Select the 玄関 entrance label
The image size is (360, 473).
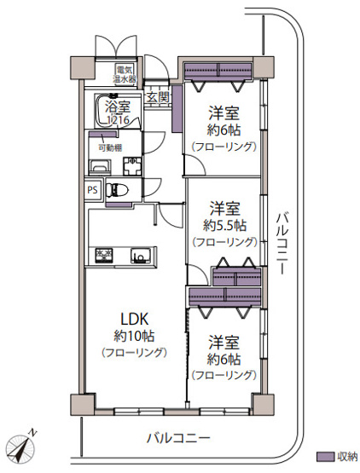[158, 97]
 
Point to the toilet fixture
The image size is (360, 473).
[120, 191]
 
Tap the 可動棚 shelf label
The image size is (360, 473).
[108, 146]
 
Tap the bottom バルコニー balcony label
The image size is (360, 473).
[177, 438]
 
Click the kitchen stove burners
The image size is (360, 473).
[104, 255]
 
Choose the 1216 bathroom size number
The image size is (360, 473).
[119, 120]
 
